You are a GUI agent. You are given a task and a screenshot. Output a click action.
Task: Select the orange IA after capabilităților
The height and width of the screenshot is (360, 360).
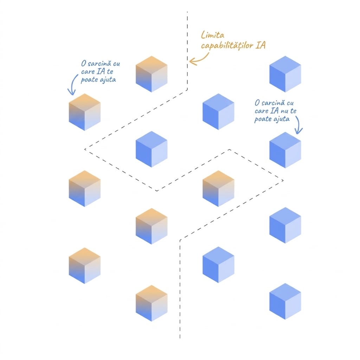(261, 45)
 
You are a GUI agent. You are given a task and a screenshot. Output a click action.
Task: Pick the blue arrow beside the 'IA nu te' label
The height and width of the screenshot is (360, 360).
(299, 125)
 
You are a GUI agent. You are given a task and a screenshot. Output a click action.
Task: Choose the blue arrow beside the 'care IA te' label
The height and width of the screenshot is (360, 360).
(73, 85)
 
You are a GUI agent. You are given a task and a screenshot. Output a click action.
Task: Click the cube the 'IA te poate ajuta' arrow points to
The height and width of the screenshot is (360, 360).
(85, 112)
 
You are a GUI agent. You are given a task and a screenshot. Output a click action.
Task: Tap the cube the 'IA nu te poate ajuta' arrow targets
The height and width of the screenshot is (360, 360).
(285, 150)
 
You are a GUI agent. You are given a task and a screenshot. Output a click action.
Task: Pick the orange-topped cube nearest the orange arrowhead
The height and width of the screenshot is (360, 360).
(152, 74)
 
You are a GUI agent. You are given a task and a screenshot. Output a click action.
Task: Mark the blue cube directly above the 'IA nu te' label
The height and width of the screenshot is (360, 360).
(285, 74)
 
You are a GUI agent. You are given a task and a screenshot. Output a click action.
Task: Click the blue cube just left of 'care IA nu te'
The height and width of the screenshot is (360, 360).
(218, 111)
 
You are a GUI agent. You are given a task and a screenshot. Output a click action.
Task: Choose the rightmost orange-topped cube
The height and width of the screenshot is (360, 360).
(218, 188)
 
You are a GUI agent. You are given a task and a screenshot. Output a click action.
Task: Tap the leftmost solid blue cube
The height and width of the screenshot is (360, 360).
(152, 149)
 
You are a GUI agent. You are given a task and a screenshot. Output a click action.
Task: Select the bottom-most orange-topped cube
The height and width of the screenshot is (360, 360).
(152, 303)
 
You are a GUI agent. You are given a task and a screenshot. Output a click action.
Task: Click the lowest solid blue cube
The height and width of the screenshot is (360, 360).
(285, 301)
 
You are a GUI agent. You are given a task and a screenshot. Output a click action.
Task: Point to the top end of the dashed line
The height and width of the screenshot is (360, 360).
(187, 12)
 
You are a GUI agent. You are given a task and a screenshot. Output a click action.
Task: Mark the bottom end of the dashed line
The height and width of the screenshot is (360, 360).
(180, 338)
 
